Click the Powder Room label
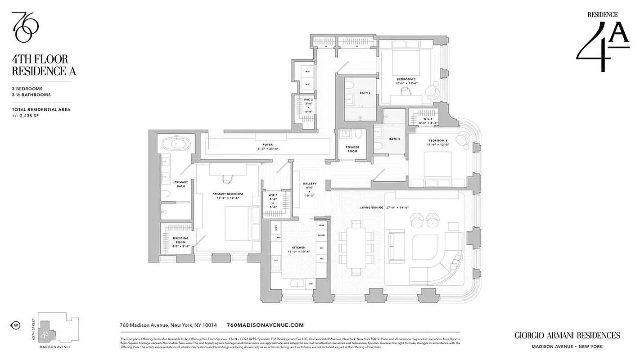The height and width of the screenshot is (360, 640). click(352, 149)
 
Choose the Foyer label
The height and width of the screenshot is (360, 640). click(265, 147)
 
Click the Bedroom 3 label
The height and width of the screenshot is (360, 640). click(438, 143)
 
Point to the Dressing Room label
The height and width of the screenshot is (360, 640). click(180, 240)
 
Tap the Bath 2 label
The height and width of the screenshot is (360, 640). click(365, 93)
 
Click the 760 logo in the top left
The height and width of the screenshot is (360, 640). click(25, 27)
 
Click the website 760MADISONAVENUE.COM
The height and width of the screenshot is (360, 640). click(266, 325)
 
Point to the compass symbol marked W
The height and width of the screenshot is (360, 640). click(15, 325)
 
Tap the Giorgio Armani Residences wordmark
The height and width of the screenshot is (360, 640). click(567, 335)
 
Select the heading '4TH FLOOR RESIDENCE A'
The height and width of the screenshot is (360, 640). click(44, 65)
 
